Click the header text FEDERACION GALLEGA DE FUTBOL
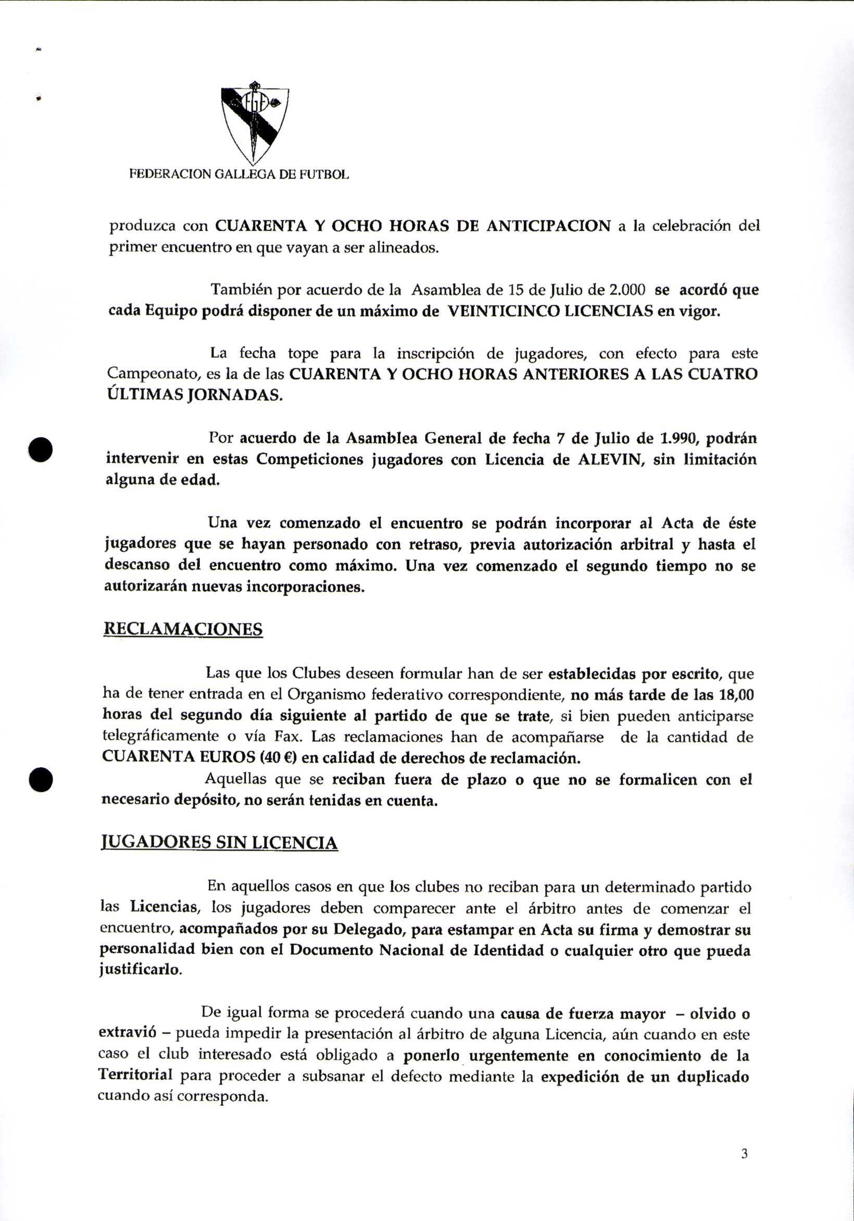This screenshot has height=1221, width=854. [240, 175]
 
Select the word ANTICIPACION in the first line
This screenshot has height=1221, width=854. [548, 226]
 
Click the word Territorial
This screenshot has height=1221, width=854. [135, 1075]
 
